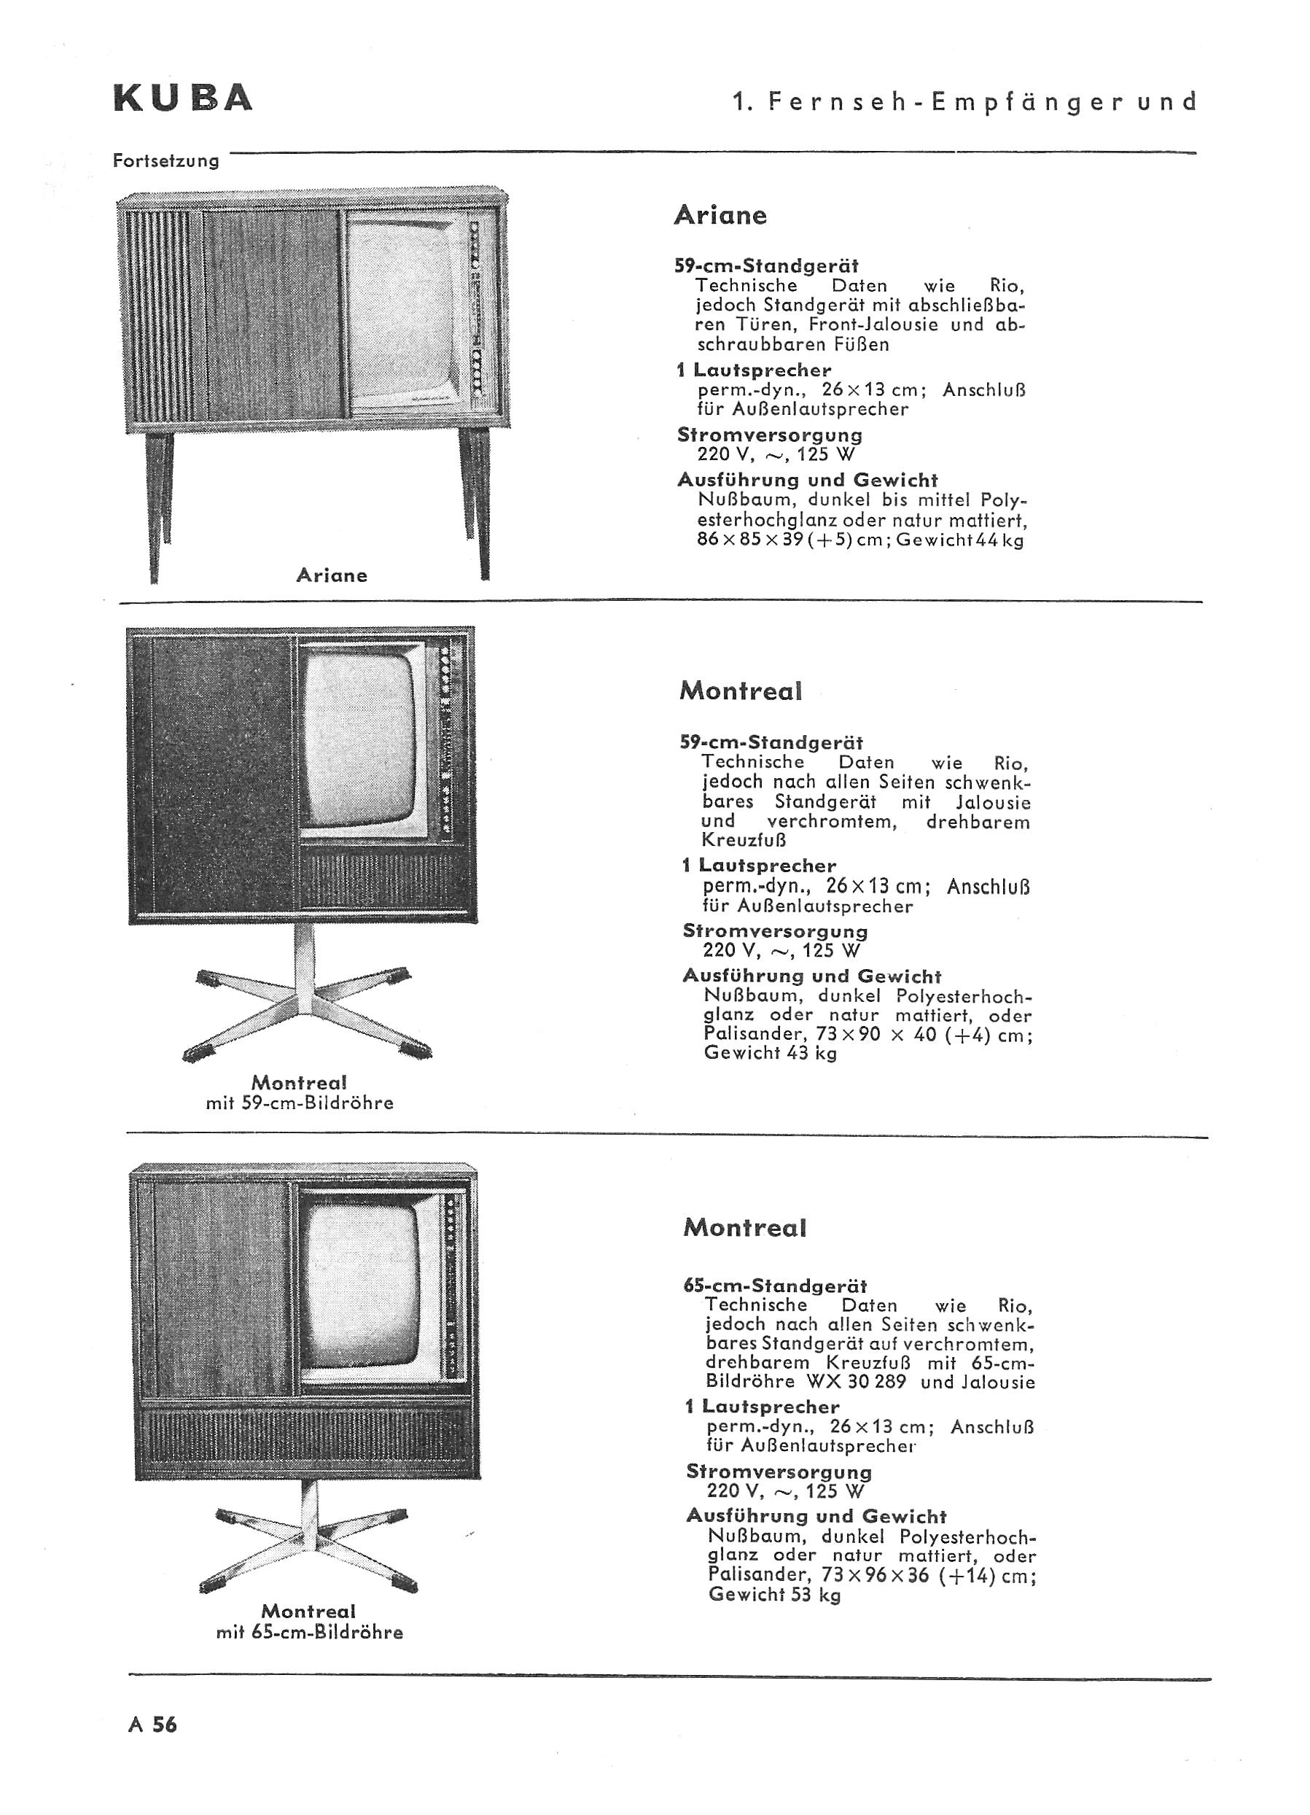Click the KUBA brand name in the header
point(183,98)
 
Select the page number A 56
point(152,1724)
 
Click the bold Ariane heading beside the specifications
point(720,214)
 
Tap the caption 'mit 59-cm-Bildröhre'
point(300,1103)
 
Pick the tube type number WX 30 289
point(857,1381)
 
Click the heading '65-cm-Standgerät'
point(775,1286)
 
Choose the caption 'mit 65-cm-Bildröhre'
point(309,1633)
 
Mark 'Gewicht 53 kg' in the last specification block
point(775,1595)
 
